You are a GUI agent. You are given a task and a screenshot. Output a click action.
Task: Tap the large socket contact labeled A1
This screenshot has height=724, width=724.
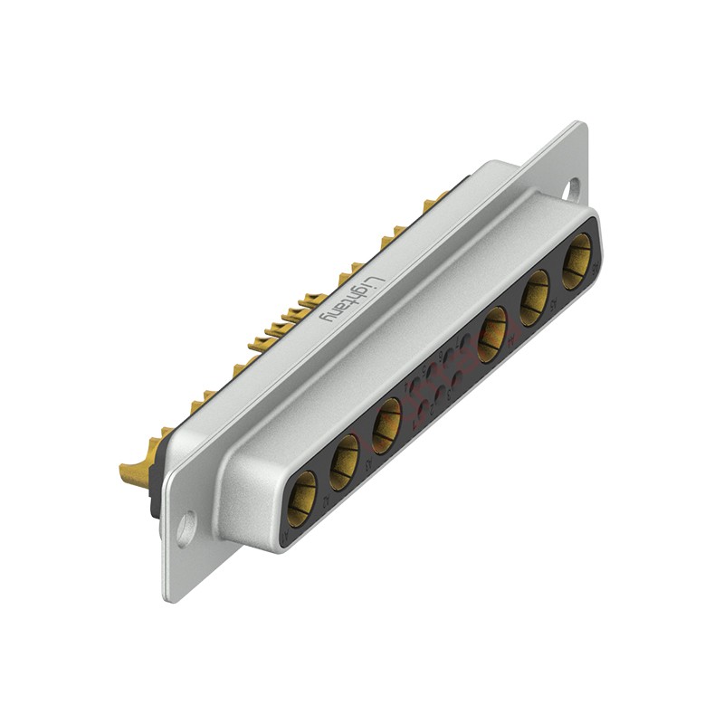301,499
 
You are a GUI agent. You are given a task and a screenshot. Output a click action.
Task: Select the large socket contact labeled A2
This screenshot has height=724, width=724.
344,462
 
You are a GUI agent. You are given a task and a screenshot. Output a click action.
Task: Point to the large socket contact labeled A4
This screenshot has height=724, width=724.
492,334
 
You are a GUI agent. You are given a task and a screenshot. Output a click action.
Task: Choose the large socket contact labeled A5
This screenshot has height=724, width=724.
535,297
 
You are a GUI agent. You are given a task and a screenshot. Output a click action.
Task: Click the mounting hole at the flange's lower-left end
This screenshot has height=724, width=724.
186,528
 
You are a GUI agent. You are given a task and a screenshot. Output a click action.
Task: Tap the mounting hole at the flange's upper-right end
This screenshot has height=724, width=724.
572,189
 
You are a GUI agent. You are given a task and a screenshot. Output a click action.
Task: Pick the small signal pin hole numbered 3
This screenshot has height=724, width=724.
457,378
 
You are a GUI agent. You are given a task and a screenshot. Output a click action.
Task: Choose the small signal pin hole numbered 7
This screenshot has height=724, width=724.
465,341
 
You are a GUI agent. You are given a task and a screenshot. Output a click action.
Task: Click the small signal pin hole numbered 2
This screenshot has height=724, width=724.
441,393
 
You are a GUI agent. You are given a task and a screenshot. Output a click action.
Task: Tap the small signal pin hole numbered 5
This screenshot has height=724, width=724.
431,369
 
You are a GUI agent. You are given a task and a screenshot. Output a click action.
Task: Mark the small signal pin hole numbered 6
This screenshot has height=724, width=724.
449,356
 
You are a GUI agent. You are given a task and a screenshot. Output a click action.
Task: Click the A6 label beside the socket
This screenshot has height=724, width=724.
595,268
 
